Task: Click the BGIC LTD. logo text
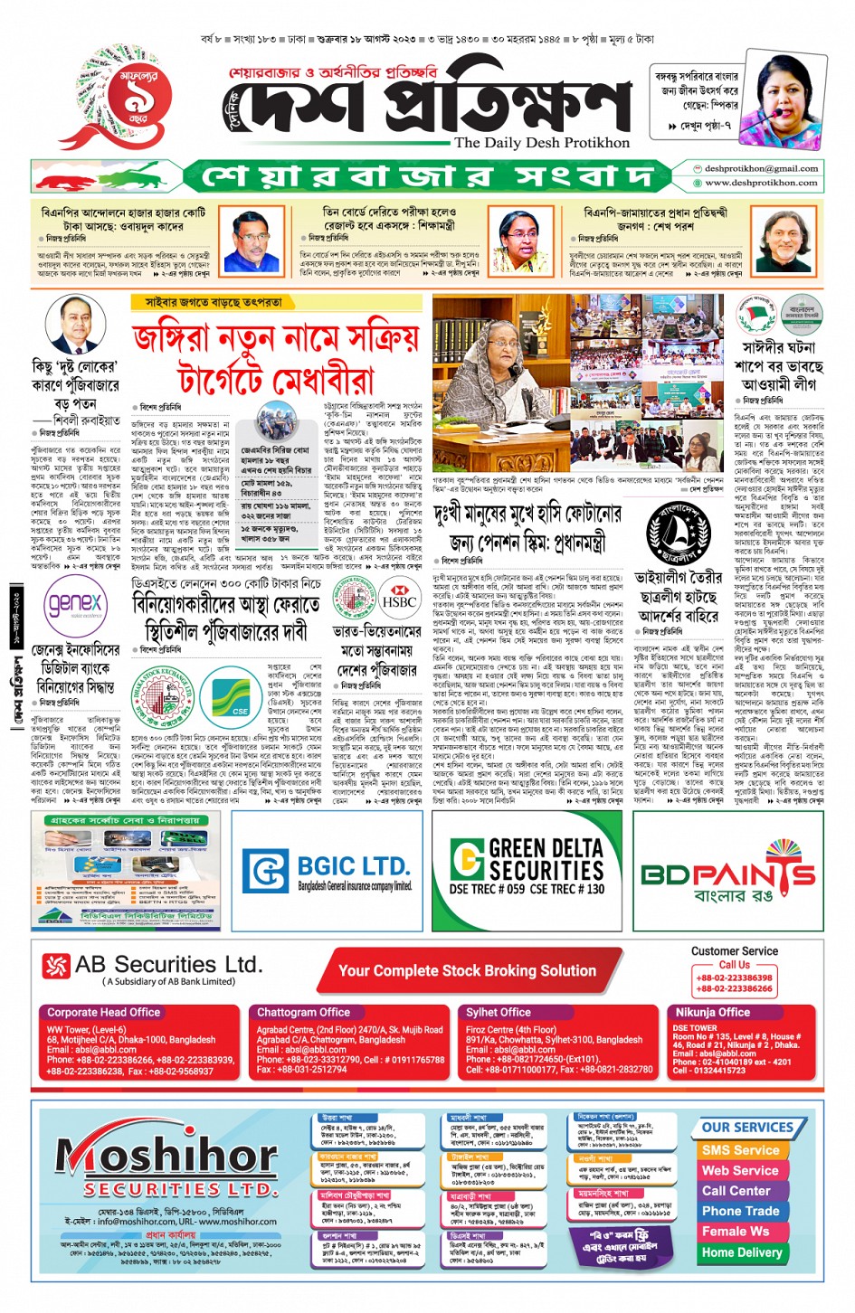353,864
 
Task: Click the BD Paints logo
727,875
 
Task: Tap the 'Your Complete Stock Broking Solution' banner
467,970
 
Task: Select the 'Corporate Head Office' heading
103,1012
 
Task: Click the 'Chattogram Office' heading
303,1012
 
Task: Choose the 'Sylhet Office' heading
498,1012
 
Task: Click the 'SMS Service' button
740,1149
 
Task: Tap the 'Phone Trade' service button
740,1211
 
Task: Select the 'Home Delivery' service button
741,1252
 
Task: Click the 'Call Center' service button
736,1190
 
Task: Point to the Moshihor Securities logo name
166,1157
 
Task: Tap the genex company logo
74,603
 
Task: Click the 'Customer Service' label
734,951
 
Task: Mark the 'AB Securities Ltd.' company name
168,964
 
